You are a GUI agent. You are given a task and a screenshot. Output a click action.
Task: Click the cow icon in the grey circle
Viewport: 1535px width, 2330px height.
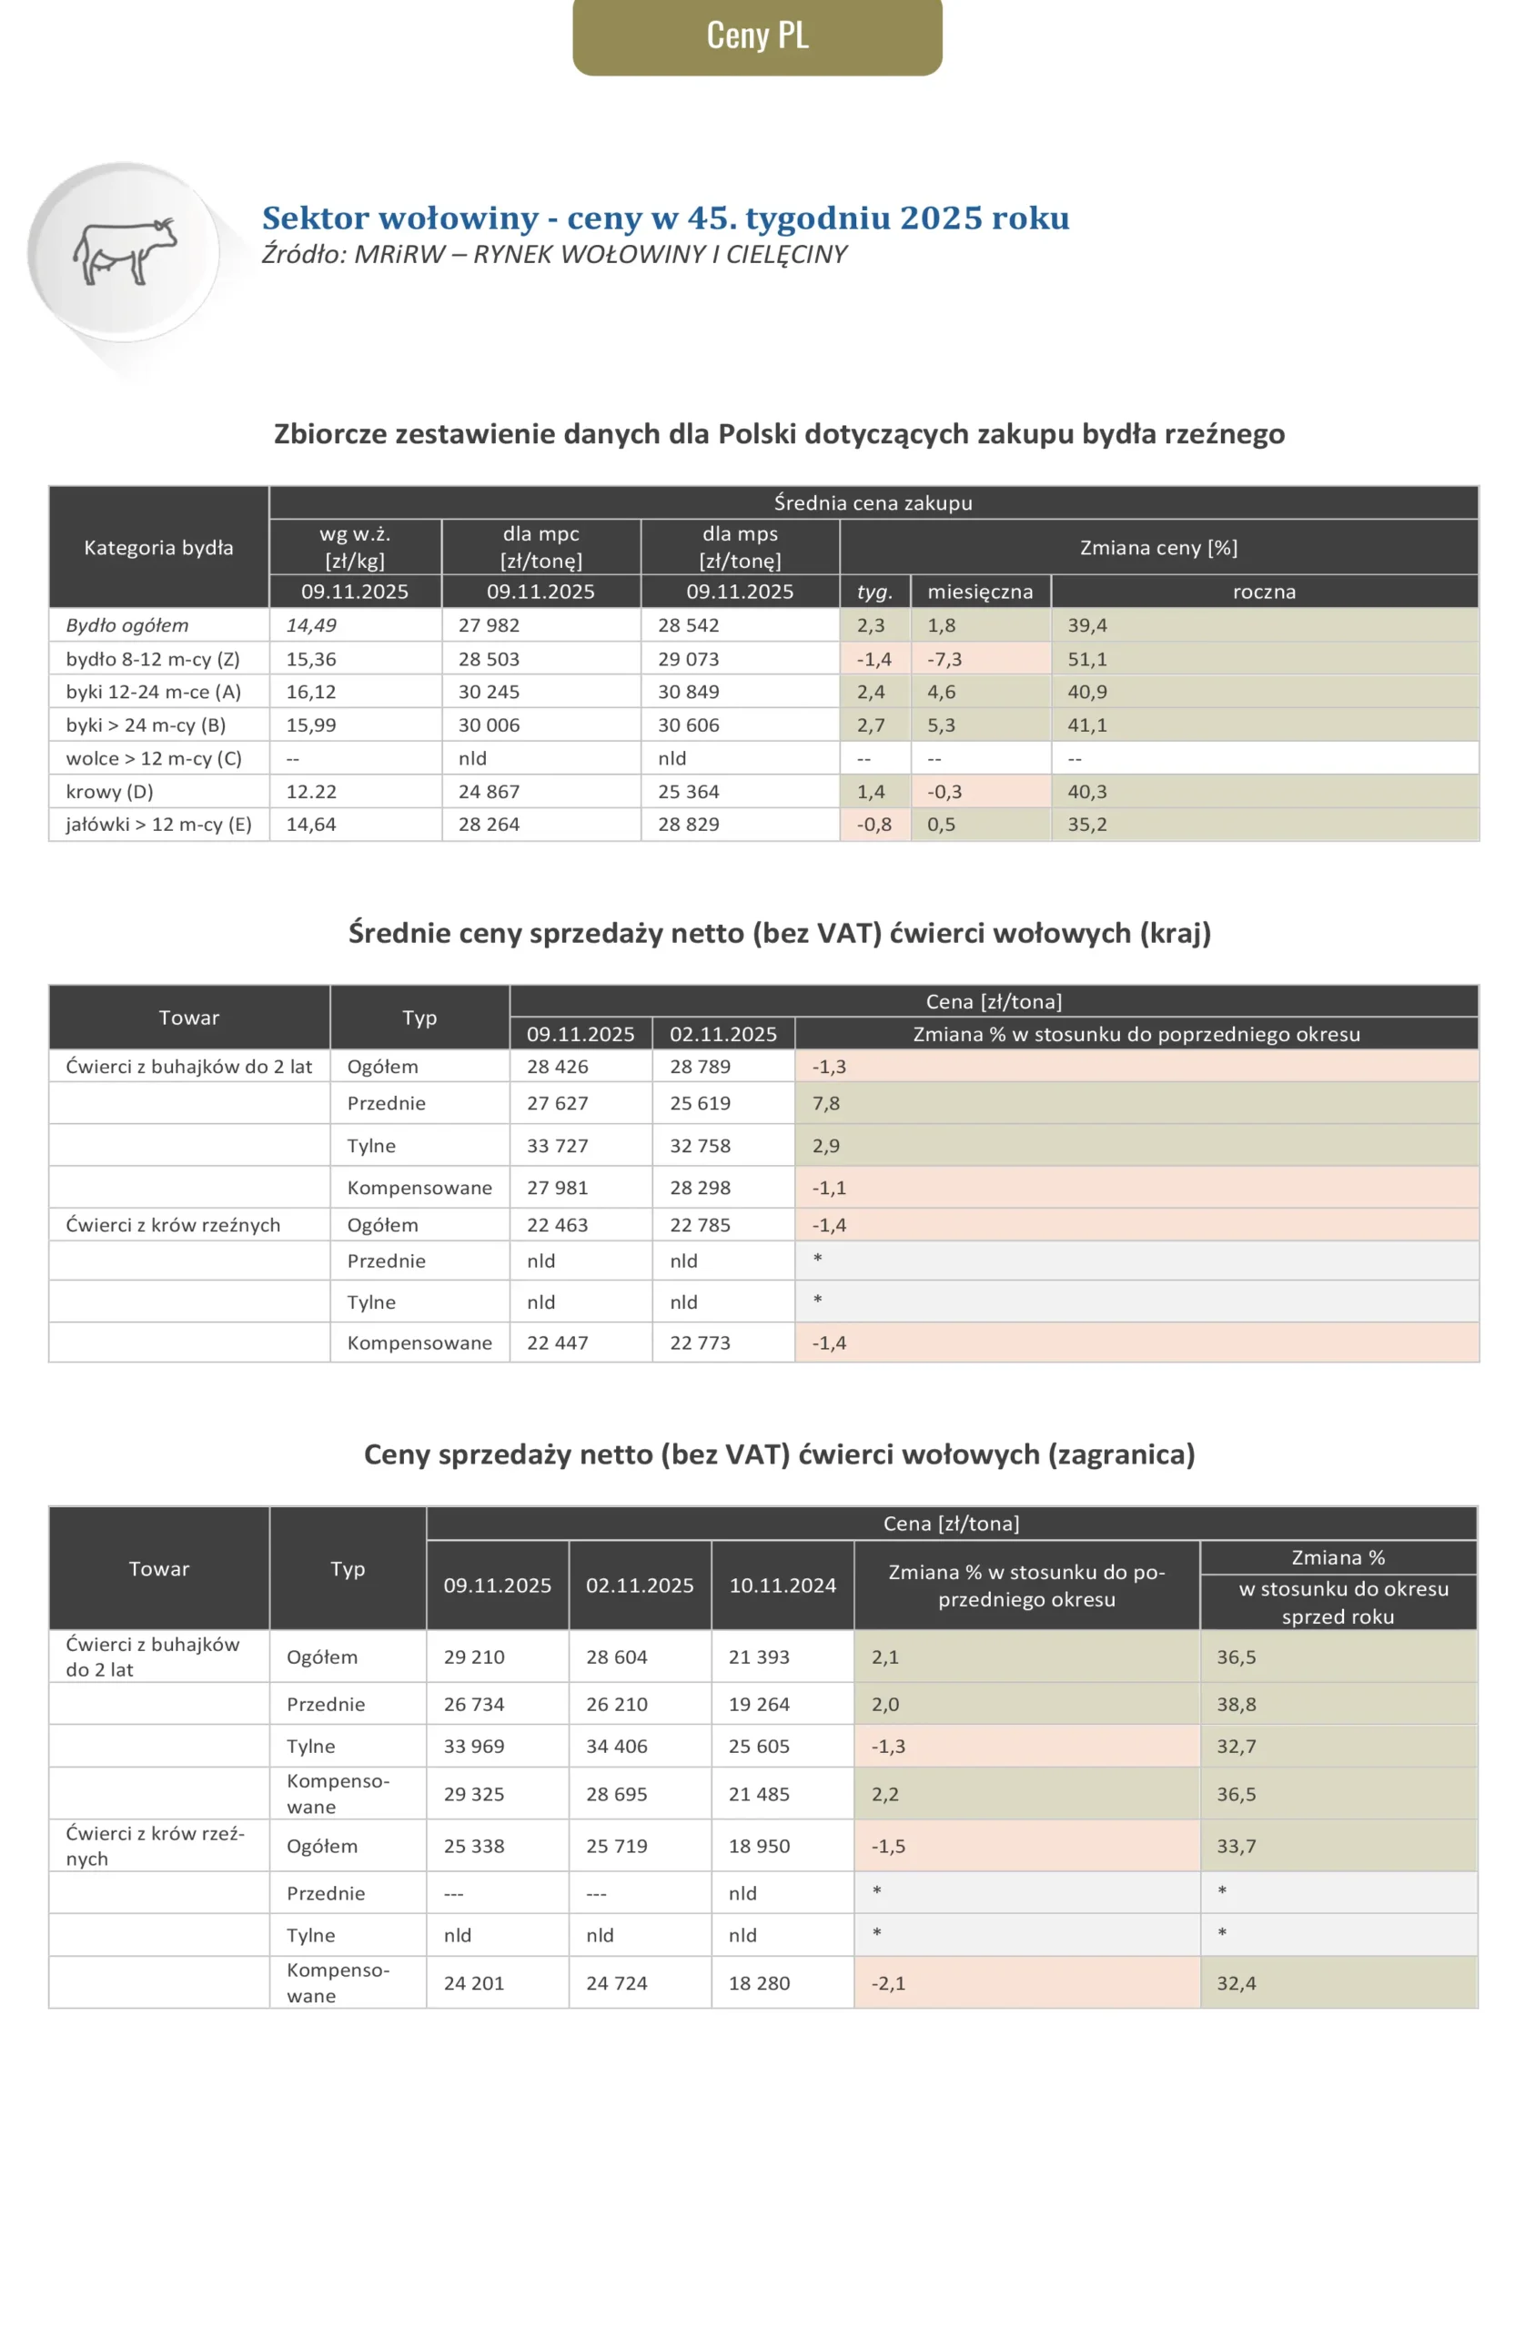(125, 250)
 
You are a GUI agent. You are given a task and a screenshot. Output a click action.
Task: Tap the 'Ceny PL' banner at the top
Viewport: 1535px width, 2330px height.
(757, 35)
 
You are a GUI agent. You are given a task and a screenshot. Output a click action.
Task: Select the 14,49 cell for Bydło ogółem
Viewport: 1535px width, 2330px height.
(311, 624)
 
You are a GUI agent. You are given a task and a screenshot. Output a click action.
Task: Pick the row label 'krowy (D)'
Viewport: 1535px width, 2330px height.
(109, 791)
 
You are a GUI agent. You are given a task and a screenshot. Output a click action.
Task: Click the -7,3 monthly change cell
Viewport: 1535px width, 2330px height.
(944, 659)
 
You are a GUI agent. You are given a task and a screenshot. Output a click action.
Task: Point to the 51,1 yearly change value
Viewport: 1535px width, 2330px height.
(1086, 659)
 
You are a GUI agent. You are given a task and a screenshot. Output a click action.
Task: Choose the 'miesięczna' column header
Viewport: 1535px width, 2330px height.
(980, 592)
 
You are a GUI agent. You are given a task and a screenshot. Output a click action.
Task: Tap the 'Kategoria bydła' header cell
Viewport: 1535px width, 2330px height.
(158, 547)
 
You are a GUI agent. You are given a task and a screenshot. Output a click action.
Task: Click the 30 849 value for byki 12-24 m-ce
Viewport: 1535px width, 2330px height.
(688, 691)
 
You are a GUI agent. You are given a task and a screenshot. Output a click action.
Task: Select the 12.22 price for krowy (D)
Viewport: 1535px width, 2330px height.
(311, 791)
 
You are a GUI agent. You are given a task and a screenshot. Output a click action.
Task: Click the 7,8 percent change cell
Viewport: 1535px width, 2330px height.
(826, 1103)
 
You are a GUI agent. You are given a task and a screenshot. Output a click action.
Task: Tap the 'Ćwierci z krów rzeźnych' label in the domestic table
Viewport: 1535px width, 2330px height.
(173, 1225)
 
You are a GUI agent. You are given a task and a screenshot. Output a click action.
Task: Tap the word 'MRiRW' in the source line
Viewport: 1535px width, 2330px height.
(399, 255)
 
